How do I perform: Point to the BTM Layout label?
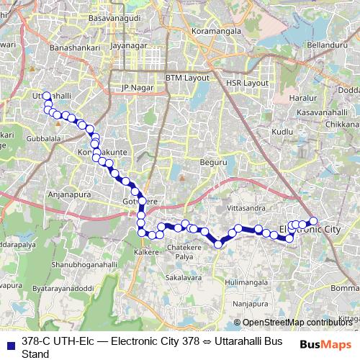tap(186, 77)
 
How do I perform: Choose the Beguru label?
tap(213, 163)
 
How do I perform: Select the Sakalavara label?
tap(183, 276)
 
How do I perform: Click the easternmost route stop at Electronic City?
tap(313, 221)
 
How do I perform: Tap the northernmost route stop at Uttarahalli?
tap(47, 96)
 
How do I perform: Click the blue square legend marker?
tap(11, 341)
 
